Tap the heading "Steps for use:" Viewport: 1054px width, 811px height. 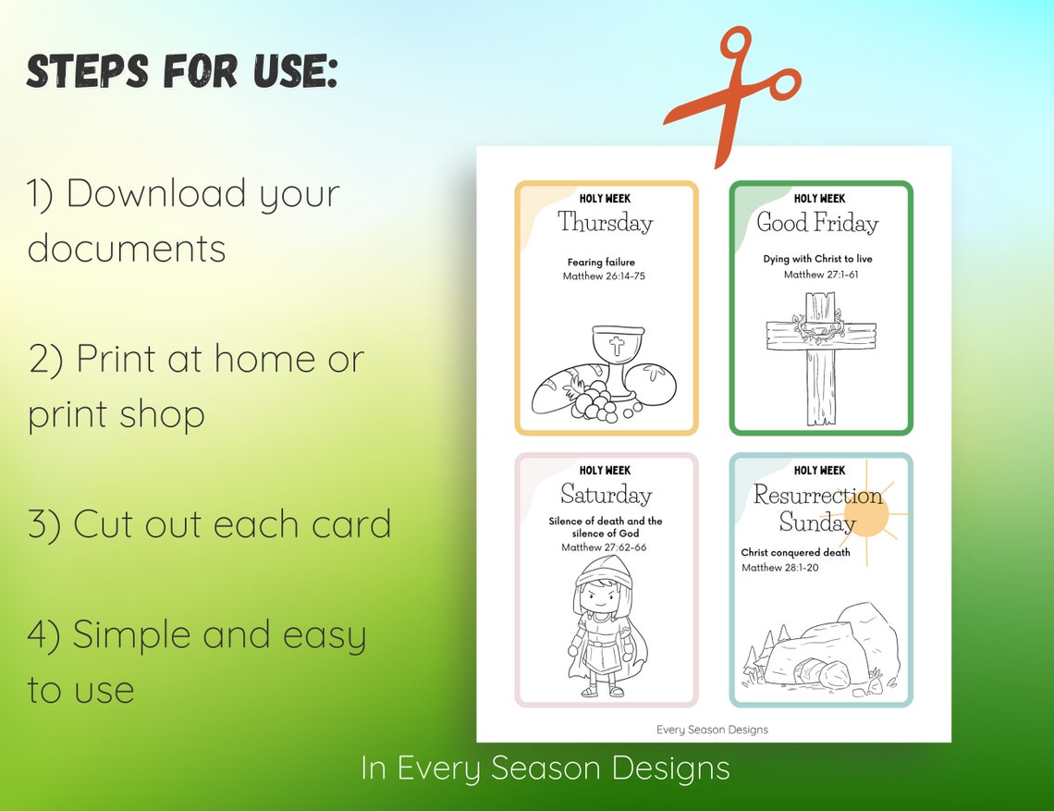coord(182,71)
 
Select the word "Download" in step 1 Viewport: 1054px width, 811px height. coord(156,194)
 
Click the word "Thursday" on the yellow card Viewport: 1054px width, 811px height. coord(605,223)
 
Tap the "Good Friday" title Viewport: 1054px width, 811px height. coord(817,223)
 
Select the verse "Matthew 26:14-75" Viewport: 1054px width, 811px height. coord(604,276)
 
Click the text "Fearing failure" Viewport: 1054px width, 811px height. coord(601,263)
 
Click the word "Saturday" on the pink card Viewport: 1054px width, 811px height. coord(606,495)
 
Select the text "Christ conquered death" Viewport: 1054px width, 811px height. coord(795,553)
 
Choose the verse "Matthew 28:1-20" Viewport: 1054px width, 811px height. coord(779,568)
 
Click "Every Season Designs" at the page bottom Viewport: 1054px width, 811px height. coord(712,730)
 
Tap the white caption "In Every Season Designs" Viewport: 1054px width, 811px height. coord(545,768)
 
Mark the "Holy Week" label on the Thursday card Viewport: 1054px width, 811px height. coord(605,199)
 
